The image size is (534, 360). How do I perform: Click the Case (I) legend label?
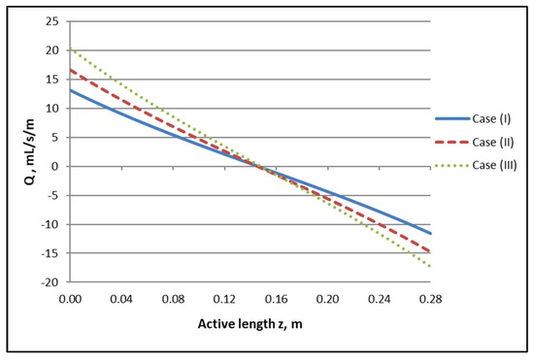click(x=491, y=118)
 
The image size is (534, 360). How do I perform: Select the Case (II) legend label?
click(x=493, y=142)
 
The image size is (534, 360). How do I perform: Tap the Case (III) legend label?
click(x=494, y=165)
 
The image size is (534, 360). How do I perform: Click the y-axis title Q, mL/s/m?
click(x=30, y=152)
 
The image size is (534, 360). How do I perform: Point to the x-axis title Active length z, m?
click(x=250, y=323)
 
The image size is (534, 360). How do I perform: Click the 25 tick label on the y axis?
click(x=52, y=21)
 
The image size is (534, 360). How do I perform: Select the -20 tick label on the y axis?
click(x=50, y=282)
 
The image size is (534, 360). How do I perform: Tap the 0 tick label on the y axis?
click(x=55, y=166)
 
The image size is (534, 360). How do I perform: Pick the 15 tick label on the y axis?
click(x=52, y=80)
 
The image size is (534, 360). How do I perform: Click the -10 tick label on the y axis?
click(x=50, y=224)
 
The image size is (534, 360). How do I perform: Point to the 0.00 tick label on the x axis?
click(x=70, y=299)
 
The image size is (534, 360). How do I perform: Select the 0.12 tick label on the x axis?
click(x=224, y=299)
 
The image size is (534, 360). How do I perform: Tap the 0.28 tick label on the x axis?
click(x=430, y=299)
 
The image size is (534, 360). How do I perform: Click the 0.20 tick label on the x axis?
click(x=327, y=299)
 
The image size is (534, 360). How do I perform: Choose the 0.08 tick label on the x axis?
click(x=173, y=299)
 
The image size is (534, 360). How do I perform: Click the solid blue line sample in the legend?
click(x=452, y=118)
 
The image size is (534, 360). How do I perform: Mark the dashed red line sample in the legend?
click(x=452, y=142)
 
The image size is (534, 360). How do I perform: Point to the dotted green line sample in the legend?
click(x=452, y=165)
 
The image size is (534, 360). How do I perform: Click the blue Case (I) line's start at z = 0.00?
click(x=71, y=90)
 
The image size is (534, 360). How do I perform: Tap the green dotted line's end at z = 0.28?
click(x=430, y=266)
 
